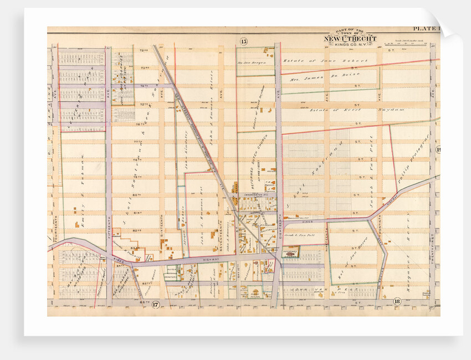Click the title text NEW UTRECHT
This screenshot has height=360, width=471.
pos(350,39)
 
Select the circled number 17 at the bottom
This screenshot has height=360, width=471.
pos(156,304)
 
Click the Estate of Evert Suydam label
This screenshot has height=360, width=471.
pos(350,110)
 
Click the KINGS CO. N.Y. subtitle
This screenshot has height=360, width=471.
pos(350,45)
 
